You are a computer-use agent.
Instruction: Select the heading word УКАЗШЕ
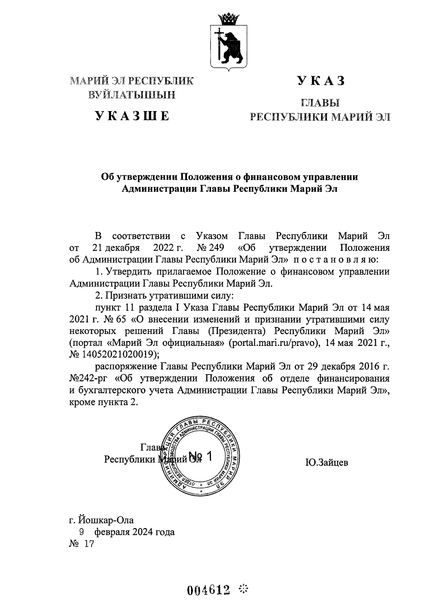click(132, 116)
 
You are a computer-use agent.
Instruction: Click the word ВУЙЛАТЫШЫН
click(132, 95)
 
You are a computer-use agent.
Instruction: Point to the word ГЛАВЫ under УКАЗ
click(320, 103)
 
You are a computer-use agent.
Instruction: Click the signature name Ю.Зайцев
click(327, 463)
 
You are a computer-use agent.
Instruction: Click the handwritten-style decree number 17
click(88, 544)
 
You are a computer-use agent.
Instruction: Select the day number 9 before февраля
click(82, 532)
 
